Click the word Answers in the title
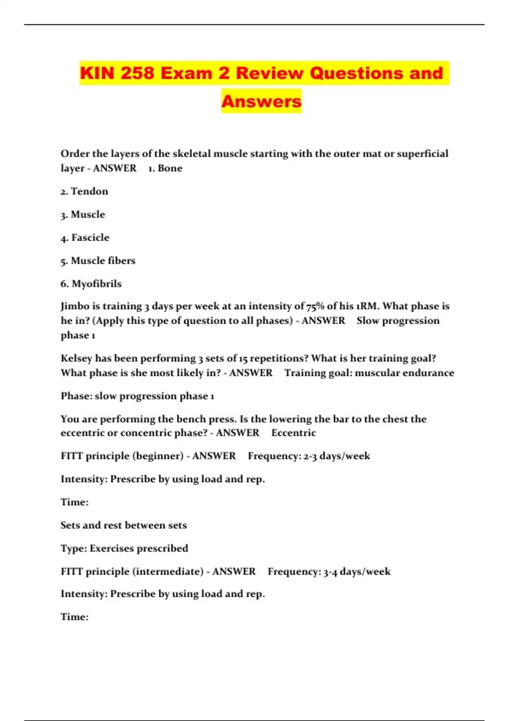pyautogui.click(x=261, y=101)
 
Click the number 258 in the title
pyautogui.click(x=137, y=73)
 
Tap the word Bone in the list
pyautogui.click(x=170, y=168)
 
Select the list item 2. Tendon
pyautogui.click(x=84, y=191)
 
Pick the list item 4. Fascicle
pyautogui.click(x=85, y=238)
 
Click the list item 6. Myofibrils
pyautogui.click(x=91, y=284)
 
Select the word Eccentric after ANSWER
pyautogui.click(x=294, y=433)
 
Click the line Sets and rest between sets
pyautogui.click(x=123, y=525)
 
